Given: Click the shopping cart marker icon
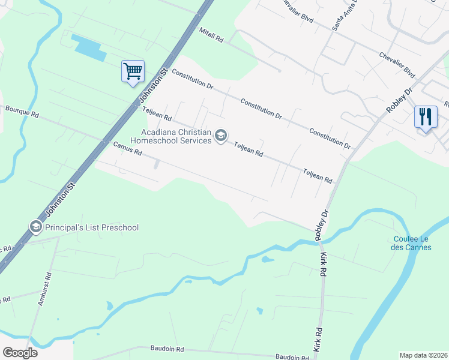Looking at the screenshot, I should tap(133, 71).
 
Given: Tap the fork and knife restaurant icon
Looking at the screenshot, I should tap(426, 116).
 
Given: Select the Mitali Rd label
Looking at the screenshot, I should tap(211, 35).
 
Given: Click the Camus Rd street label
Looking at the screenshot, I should tap(127, 149).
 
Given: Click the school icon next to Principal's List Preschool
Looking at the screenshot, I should tap(35, 227).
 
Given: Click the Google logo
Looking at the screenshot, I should tap(20, 352).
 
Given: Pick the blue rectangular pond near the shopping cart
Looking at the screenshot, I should tap(88, 47).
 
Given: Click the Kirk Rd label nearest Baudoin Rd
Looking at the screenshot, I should tap(317, 340).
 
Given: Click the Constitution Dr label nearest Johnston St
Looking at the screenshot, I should tap(193, 79).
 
